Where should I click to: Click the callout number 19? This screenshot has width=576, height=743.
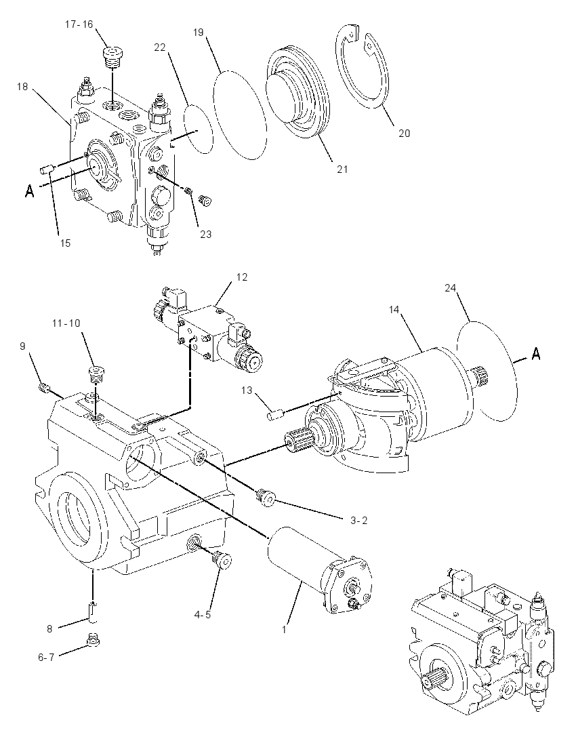click(199, 33)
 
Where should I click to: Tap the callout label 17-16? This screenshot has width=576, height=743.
click(79, 24)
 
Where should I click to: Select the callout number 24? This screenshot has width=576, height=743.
click(451, 287)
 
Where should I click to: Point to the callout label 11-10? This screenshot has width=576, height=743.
click(66, 323)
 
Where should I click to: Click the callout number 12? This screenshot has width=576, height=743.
click(241, 277)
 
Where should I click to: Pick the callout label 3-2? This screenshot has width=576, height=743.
click(358, 520)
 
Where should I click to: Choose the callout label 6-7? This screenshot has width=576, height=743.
click(47, 657)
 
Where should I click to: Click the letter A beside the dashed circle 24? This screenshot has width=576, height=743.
click(535, 353)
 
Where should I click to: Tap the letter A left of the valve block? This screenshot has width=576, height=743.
click(30, 191)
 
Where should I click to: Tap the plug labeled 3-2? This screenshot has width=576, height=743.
click(265, 498)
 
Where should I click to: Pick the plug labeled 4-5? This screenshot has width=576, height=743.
click(222, 560)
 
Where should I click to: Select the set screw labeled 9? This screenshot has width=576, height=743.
click(45, 388)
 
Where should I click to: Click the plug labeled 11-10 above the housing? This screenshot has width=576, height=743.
click(97, 376)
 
